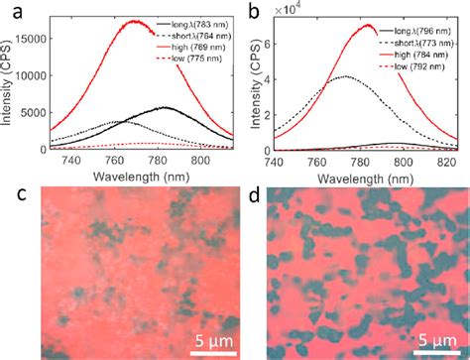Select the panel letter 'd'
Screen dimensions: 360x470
tap(249, 184)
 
